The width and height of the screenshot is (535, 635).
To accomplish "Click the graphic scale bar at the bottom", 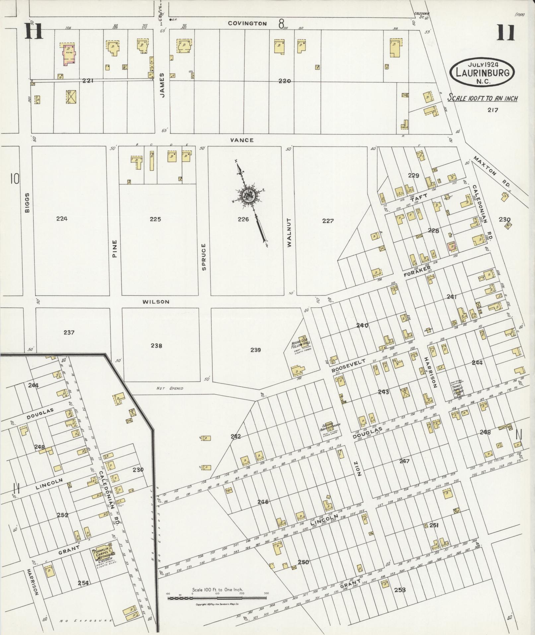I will click(217, 598).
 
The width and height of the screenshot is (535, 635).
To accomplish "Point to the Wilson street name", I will click(156, 302).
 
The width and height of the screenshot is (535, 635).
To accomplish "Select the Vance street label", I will click(242, 140).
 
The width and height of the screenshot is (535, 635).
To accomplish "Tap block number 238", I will click(156, 346).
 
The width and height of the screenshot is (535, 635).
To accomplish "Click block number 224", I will click(62, 218).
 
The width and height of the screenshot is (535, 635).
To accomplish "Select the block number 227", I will click(328, 221).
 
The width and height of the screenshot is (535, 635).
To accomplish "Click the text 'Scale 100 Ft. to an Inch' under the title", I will click(483, 98).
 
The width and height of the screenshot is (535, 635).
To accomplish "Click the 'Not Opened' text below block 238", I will click(169, 388).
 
